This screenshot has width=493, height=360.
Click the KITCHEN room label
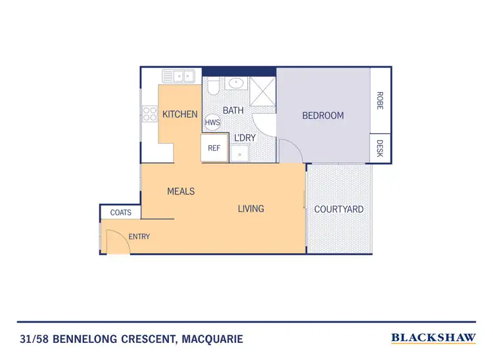click(x=179, y=114)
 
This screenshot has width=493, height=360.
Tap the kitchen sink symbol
click(x=178, y=77)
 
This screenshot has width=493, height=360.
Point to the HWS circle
click(x=212, y=123)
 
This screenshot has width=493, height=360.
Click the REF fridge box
click(x=214, y=148)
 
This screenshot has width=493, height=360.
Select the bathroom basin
click(x=235, y=83)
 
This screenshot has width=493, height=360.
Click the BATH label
click(x=233, y=110)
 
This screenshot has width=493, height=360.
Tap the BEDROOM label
click(x=323, y=116)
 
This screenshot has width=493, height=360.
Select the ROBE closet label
click(x=380, y=99)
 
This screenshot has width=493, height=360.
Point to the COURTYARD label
click(x=339, y=210)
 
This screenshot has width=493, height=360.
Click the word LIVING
click(x=250, y=209)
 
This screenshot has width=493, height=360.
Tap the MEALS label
click(x=181, y=191)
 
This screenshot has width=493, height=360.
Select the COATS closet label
click(x=120, y=212)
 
